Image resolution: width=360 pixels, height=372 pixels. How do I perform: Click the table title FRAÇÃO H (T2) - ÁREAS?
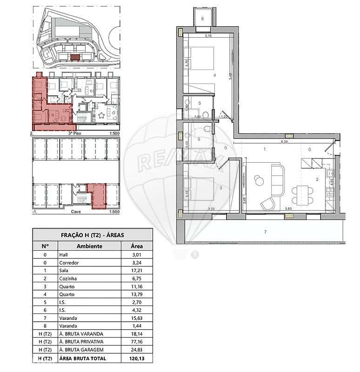pos(92,235)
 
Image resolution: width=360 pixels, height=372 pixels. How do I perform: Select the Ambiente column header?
pos(89,246)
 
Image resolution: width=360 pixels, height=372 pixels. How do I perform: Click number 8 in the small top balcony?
pos(203,19)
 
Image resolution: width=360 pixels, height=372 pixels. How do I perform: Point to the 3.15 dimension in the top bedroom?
pos(209,36)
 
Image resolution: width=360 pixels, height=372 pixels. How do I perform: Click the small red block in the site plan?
pos(74,57)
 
